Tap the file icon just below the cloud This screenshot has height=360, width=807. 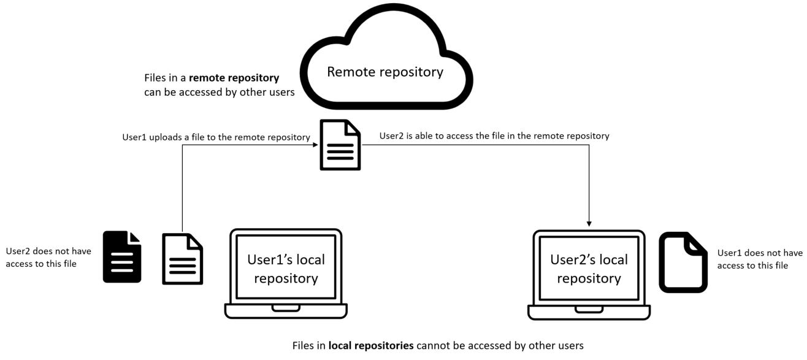click(340, 145)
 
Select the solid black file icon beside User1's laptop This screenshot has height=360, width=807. click(122, 257)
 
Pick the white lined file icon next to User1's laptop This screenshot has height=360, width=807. click(182, 259)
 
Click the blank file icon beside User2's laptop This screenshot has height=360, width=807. click(683, 262)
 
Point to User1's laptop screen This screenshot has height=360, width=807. click(286, 268)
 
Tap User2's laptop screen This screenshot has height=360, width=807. click(589, 268)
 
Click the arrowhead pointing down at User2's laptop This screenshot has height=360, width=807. click(589, 223)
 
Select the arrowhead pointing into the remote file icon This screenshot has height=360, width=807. click(315, 145)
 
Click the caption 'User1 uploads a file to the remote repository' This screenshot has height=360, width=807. click(216, 137)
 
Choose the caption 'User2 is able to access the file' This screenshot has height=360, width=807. click(494, 136)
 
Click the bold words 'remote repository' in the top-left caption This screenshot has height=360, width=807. click(234, 79)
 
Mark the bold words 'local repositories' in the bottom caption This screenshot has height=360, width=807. click(371, 346)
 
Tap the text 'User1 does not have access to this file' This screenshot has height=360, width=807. click(759, 259)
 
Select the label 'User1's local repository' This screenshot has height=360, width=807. click(286, 269)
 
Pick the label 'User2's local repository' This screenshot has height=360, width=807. click(589, 269)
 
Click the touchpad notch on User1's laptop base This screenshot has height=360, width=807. click(286, 307)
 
